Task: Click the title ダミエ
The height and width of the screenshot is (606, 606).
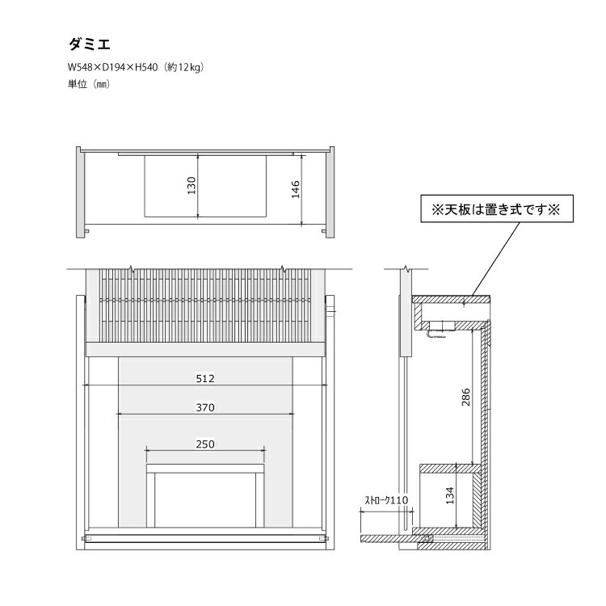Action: [x=89, y=44]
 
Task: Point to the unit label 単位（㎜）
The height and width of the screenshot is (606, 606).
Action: [x=89, y=84]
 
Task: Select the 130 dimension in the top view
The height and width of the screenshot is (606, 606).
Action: [x=191, y=186]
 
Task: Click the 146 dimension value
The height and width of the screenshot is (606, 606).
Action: [x=296, y=189]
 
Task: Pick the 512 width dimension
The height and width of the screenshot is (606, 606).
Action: [x=205, y=378]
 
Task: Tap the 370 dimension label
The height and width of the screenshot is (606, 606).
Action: [x=205, y=407]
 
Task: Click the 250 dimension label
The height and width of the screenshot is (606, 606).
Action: [x=205, y=444]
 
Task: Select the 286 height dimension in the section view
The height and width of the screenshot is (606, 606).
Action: [x=465, y=397]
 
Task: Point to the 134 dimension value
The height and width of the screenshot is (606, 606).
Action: [x=450, y=495]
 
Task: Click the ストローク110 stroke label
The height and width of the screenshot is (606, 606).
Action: [x=386, y=500]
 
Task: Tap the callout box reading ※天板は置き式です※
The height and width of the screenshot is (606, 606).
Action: [x=497, y=208]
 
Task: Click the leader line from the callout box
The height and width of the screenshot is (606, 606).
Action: [x=496, y=259]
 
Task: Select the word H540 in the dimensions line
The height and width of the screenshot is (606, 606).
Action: [x=146, y=67]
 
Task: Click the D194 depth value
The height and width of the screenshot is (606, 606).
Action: [x=114, y=67]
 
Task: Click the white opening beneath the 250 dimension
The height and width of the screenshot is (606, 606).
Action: [x=205, y=500]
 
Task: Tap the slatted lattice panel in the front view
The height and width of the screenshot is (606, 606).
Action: [x=205, y=305]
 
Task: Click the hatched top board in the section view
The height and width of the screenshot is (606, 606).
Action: [x=451, y=299]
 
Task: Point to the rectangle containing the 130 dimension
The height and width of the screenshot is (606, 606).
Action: [x=205, y=187]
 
